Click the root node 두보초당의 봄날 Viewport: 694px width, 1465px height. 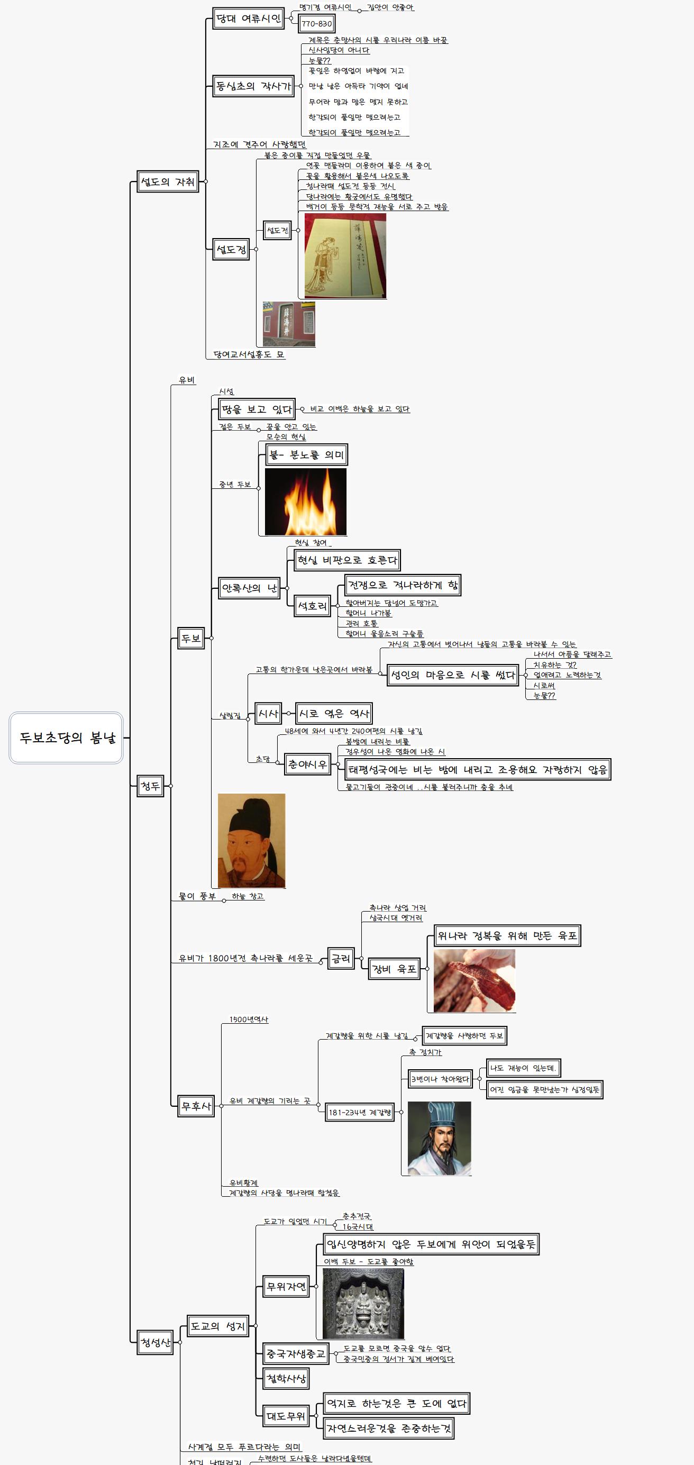coord(66,738)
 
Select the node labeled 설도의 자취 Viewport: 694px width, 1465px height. coord(168,182)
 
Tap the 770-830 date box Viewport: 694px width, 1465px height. coord(317,24)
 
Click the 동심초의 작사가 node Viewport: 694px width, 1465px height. coord(253,86)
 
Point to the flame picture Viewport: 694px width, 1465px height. coord(306,502)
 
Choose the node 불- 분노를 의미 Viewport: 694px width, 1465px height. coord(306,455)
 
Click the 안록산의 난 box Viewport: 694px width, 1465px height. coord(250,588)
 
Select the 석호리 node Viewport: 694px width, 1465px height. coord(313,606)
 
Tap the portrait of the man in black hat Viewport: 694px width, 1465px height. coord(251,841)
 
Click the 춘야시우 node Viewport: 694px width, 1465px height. coord(307,765)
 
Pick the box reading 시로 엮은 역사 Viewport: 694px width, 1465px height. coord(334,714)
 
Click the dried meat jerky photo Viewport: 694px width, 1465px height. coord(474,980)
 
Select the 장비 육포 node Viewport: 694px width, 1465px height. coord(394,969)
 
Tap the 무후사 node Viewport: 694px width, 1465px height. coord(196,1106)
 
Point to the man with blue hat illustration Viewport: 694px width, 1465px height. coord(440,1139)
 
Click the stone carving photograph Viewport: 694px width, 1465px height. coord(363,1304)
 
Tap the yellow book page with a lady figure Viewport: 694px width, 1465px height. coord(345,256)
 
